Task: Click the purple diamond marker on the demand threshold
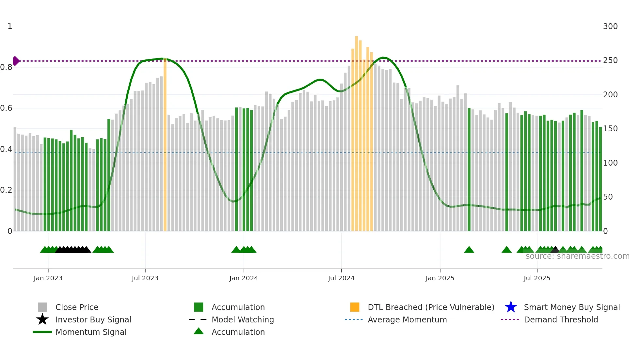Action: pos(16,61)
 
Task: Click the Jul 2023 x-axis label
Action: pos(145,278)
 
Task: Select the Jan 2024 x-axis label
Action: pos(244,278)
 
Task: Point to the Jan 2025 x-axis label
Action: pos(440,278)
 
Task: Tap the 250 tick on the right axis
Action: pos(610,60)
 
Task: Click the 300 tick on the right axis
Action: pos(610,26)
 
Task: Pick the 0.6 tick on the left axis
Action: pos(6,108)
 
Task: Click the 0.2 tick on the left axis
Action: pos(6,190)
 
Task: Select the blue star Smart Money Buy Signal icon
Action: pos(511,307)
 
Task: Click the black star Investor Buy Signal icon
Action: pos(42,319)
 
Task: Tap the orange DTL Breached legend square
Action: pos(355,307)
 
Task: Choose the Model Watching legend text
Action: pos(243,319)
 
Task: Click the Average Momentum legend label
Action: pos(407,319)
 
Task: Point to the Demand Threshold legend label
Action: pos(561,319)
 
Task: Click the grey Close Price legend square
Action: pos(42,307)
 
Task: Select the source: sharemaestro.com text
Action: pos(577,256)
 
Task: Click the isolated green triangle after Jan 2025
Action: pos(469,250)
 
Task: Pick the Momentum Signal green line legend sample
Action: pos(42,332)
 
